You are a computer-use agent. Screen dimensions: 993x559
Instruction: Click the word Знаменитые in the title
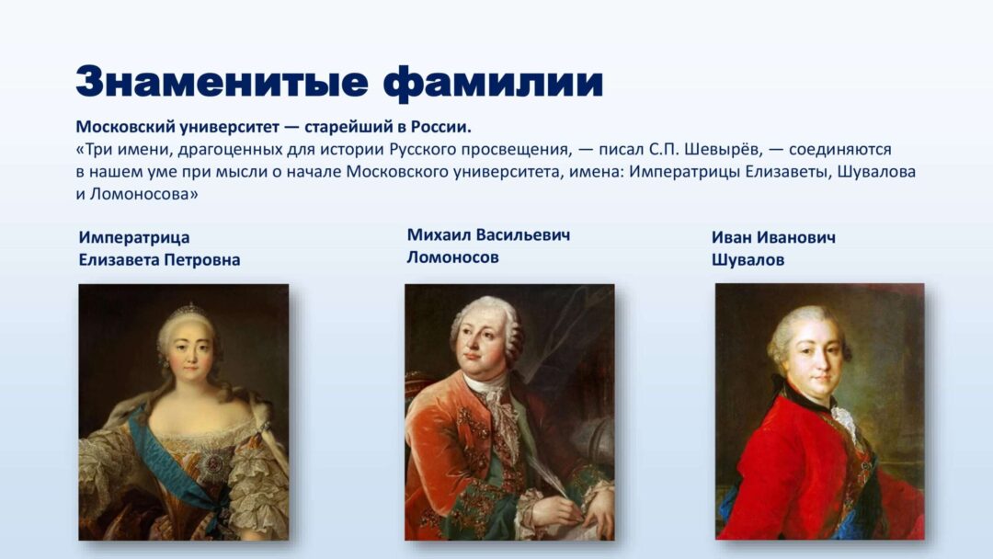[x=222, y=82]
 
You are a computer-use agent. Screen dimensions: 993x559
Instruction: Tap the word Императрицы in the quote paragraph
[x=684, y=172]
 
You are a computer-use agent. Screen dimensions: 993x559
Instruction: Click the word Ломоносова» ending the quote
[x=144, y=194]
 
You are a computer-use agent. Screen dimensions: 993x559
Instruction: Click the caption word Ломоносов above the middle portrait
[x=452, y=257]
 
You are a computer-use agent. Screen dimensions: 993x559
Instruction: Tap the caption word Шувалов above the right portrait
[x=748, y=260]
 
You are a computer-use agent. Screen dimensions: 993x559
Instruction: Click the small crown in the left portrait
[x=188, y=309]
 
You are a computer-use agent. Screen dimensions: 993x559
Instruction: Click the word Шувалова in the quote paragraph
[x=877, y=172]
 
